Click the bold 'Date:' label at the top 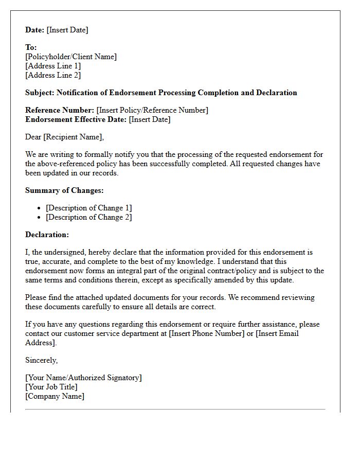click(x=35, y=30)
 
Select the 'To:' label click(x=31, y=47)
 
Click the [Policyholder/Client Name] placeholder click(x=71, y=57)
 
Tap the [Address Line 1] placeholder click(x=53, y=66)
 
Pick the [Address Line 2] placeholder click(x=53, y=75)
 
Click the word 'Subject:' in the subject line click(x=40, y=93)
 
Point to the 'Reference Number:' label click(x=60, y=110)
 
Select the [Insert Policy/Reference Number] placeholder click(x=152, y=110)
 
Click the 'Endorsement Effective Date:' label click(x=76, y=119)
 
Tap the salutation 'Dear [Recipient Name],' click(x=64, y=137)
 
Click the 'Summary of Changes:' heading click(x=64, y=190)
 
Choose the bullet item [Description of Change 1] click(x=88, y=208)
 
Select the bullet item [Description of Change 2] click(x=88, y=217)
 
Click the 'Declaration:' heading click(x=47, y=235)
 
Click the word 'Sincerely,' click(x=41, y=360)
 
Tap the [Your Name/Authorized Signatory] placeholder click(x=83, y=378)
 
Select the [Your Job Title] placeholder click(x=51, y=387)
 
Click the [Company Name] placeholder click(x=55, y=396)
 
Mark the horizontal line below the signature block click(x=175, y=409)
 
